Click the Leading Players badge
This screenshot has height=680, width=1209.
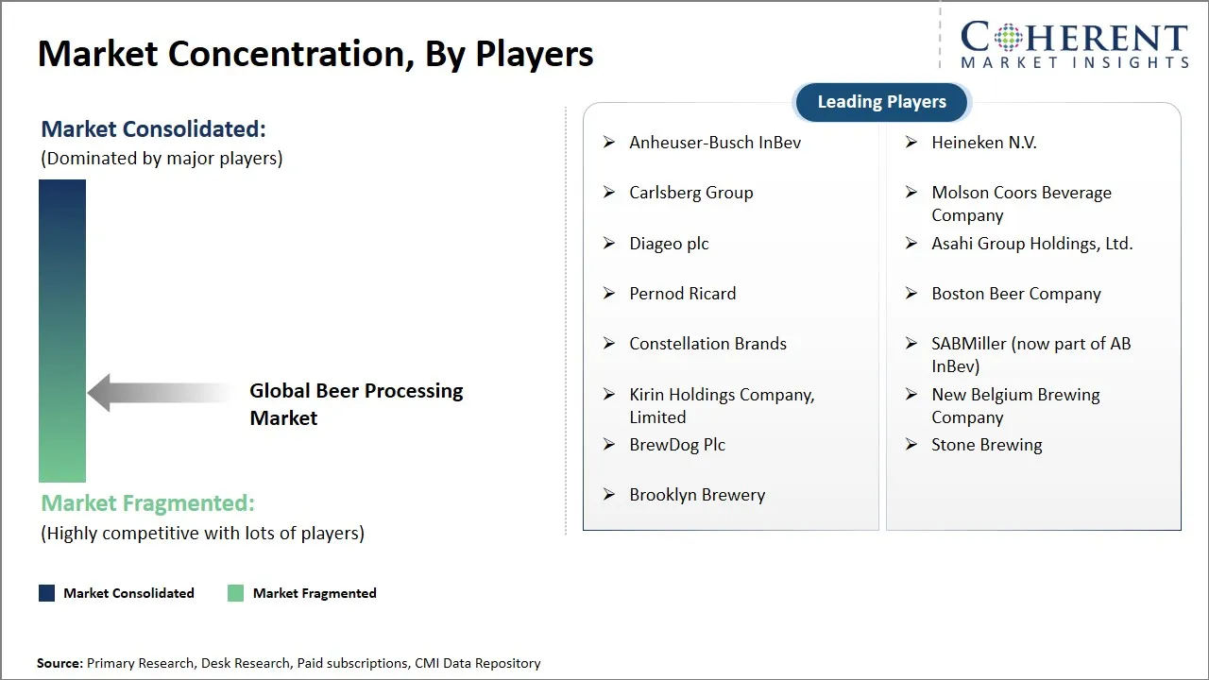(881, 102)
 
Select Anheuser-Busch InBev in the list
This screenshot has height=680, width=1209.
(715, 143)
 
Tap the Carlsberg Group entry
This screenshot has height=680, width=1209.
(691, 193)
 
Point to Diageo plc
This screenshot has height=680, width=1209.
(669, 244)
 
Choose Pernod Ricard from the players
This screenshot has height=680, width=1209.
(683, 294)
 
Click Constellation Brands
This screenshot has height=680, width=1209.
(707, 344)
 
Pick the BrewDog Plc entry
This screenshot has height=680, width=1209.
(677, 445)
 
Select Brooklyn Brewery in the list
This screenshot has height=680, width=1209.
(697, 495)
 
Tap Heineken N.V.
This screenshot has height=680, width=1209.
(984, 143)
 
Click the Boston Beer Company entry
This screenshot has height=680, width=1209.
(1016, 294)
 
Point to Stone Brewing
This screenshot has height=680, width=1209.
(987, 445)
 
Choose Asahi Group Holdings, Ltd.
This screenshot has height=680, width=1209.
(1032, 244)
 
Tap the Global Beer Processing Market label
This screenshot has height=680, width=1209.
(356, 404)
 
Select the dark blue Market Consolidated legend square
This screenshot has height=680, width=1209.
(46, 593)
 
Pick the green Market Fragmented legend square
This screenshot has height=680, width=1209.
(235, 593)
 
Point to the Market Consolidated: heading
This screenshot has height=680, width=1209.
(154, 129)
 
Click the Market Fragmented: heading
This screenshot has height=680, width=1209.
(148, 503)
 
